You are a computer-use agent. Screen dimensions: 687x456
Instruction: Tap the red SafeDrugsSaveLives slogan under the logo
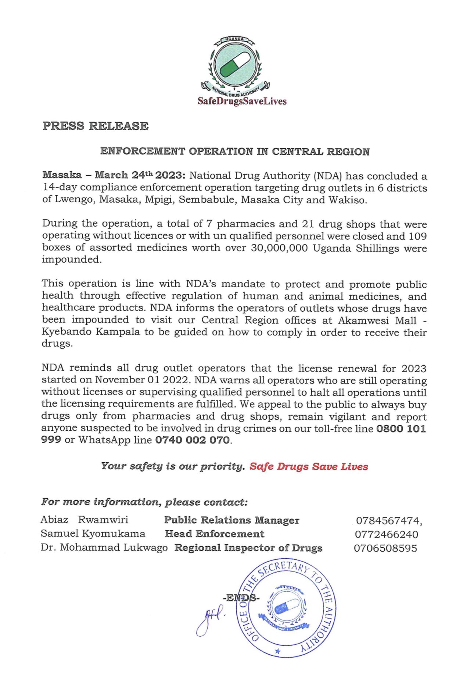[242, 101]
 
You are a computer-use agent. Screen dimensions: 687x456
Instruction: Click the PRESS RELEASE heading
[96, 126]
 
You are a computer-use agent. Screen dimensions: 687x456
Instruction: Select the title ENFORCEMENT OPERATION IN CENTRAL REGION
[235, 152]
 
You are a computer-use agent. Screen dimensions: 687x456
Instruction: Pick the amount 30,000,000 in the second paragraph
[279, 248]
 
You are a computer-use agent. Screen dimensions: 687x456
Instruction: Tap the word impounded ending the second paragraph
[71, 260]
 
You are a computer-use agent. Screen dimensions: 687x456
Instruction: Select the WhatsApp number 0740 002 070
[193, 440]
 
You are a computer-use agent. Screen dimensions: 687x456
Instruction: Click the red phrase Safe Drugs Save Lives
[309, 466]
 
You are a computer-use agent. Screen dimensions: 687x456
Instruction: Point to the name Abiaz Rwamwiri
[85, 520]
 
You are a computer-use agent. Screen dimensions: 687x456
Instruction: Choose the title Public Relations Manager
[231, 520]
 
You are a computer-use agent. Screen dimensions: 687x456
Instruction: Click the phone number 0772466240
[386, 534]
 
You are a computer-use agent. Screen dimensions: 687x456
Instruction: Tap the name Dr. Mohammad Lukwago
[104, 548]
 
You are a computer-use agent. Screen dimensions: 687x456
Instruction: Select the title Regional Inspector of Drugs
[248, 548]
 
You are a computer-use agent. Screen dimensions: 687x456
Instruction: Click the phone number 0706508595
[385, 548]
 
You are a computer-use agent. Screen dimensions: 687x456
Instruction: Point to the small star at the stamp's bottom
[278, 651]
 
